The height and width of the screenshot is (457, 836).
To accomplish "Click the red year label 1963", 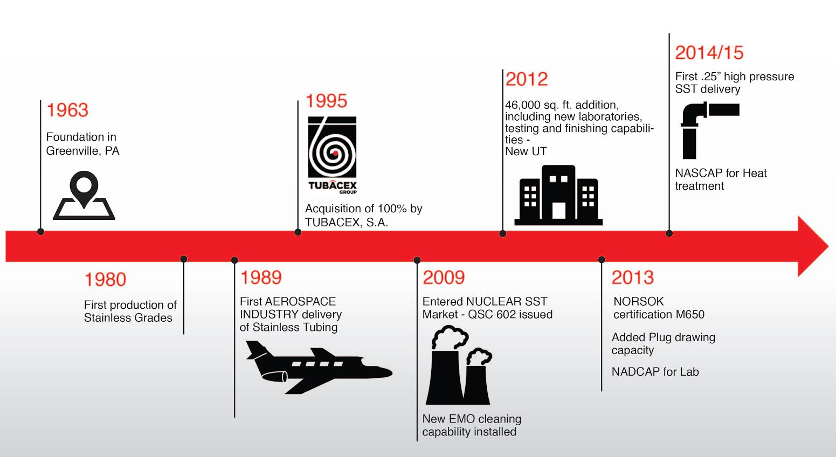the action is click(67, 110).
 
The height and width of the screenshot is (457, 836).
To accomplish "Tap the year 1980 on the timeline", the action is click(105, 279).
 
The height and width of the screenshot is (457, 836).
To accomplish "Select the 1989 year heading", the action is click(261, 278).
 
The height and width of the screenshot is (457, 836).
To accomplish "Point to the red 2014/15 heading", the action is click(709, 53).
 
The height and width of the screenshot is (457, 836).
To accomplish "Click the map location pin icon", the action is click(84, 195).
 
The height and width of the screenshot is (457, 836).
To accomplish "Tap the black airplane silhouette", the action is click(319, 368).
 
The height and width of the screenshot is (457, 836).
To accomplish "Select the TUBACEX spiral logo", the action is click(332, 155).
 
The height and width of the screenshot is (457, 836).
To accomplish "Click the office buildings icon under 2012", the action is click(558, 195).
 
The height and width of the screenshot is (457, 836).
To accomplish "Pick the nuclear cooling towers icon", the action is click(459, 365).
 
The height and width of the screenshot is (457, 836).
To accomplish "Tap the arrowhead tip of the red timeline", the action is click(828, 246).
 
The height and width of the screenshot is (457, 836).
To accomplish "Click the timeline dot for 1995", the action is click(298, 232).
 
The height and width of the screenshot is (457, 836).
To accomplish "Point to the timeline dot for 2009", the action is click(417, 260).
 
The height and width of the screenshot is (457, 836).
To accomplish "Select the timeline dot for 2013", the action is click(602, 259).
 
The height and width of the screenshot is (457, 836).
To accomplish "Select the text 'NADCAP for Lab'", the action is click(655, 371).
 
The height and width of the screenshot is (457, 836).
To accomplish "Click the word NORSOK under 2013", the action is click(639, 301).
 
